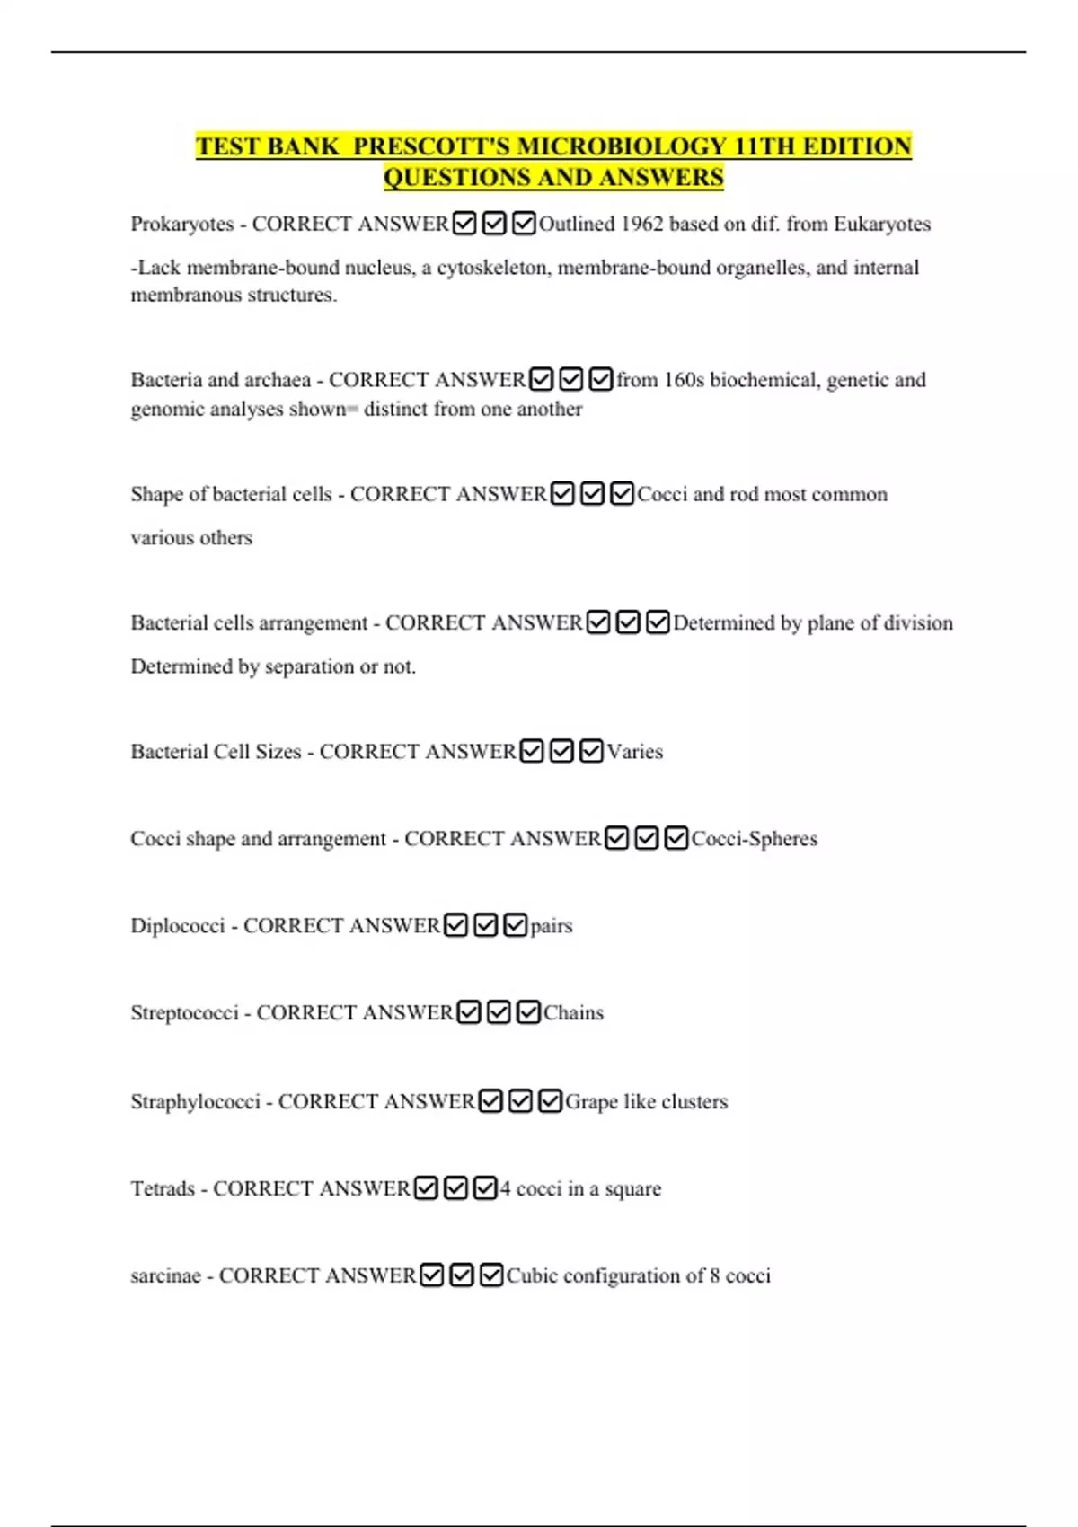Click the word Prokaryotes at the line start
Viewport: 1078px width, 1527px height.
click(181, 224)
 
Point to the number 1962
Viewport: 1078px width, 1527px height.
click(641, 224)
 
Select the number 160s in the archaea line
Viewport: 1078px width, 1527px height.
click(684, 380)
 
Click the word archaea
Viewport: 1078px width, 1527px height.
click(278, 380)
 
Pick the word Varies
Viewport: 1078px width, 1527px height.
click(634, 752)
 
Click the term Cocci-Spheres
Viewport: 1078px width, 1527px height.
click(754, 839)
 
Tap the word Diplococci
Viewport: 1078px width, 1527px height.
click(178, 926)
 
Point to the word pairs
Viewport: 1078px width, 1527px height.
click(551, 926)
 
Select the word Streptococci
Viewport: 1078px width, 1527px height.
click(184, 1013)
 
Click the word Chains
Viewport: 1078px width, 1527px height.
click(573, 1013)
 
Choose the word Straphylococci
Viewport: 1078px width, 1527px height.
click(195, 1102)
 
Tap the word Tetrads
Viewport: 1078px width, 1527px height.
click(163, 1189)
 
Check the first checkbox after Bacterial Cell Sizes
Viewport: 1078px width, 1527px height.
click(532, 751)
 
